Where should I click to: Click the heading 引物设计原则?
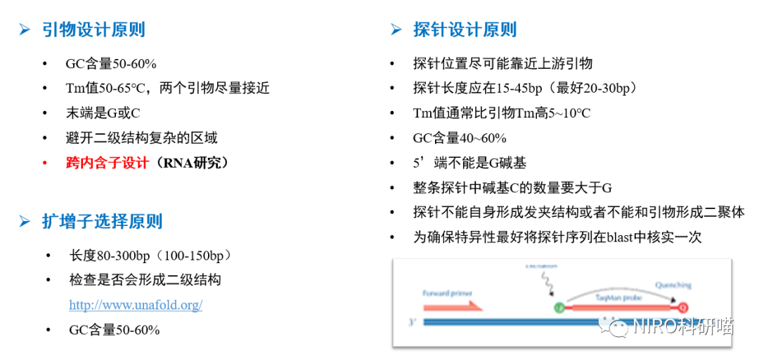93,30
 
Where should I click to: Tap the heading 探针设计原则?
465,29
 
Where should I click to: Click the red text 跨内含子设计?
107,163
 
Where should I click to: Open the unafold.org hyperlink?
136,305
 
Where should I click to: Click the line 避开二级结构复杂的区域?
141,138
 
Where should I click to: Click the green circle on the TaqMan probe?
560,307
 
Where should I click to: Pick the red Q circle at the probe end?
682,307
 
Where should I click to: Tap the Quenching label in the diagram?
673,285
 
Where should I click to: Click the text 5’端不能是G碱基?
469,163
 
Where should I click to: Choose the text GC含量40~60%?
460,138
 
